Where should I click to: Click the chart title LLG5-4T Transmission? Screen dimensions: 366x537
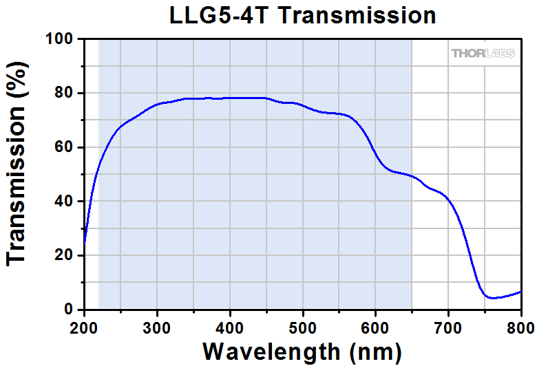(303, 15)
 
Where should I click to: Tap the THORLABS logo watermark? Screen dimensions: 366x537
(483, 53)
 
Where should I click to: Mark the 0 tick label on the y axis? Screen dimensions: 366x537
(70, 310)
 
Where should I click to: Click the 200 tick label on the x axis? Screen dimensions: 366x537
(85, 325)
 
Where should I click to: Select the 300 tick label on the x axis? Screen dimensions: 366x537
(158, 325)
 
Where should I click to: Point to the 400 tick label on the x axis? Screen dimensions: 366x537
(231, 325)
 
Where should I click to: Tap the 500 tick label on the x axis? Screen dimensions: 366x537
(303, 325)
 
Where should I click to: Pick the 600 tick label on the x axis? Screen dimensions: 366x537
(376, 325)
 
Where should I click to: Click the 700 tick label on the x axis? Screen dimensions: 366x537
(449, 325)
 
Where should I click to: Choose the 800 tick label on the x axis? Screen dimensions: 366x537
(520, 325)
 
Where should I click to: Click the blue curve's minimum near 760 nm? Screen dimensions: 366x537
(492, 298)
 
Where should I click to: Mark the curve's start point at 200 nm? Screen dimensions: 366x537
(85, 242)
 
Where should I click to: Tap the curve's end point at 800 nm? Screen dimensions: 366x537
(521, 291)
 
